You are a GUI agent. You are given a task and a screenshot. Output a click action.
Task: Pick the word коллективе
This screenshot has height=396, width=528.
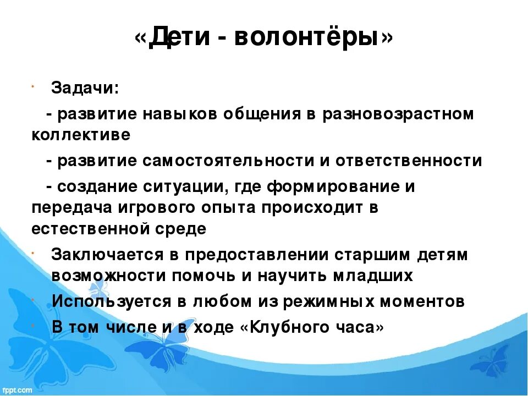[81, 135]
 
